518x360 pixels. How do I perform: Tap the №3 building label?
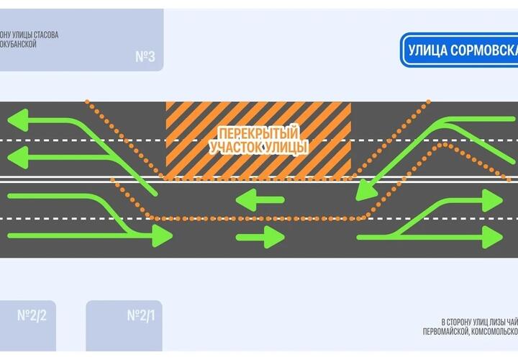click(145, 56)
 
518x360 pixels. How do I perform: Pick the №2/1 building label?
click(142, 315)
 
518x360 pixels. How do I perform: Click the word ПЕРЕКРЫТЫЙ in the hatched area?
click(258, 134)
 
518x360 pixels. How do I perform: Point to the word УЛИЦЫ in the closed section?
click(286, 148)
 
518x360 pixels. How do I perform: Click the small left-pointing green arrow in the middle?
click(248, 197)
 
